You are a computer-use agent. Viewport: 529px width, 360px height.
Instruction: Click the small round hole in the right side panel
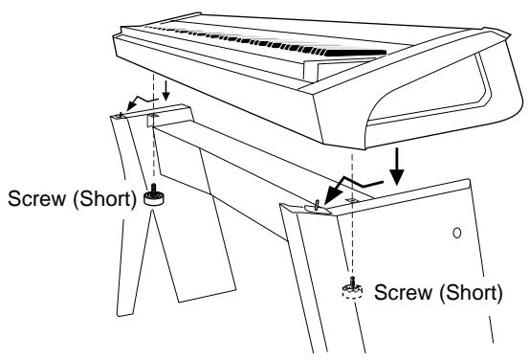457,232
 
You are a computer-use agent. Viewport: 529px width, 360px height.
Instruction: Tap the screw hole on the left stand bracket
150,122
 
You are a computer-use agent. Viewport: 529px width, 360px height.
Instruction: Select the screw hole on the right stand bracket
353,202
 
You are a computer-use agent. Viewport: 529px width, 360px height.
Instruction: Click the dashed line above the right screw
353,239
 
